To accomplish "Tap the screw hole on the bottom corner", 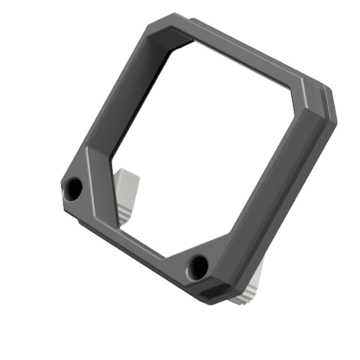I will pos(199,265).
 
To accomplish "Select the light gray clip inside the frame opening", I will pos(126,192).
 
